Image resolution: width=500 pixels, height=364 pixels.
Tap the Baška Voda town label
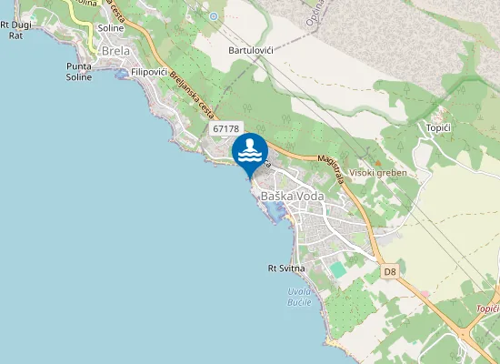pos(292,196)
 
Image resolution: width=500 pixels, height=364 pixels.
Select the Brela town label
pos(115,52)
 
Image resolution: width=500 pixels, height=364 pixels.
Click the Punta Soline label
pos(79,72)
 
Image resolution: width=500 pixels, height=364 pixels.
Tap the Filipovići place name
pos(148,71)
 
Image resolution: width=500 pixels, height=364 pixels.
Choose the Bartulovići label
pos(252,49)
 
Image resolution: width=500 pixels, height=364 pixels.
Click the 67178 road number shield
pos(225,129)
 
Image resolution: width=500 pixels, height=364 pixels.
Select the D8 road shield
pos(390,271)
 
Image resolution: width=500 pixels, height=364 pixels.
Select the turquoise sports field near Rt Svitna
pos(338,269)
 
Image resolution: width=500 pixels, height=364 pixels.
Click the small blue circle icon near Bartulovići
pos(214,16)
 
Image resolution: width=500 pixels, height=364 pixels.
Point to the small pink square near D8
pos(424,293)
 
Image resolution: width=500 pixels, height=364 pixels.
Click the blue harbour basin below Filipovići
pos(121,76)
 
